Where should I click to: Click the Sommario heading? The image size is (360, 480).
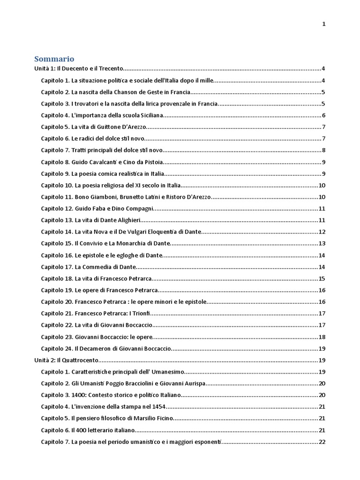(x=54, y=59)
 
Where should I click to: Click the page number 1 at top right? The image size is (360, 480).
(x=324, y=24)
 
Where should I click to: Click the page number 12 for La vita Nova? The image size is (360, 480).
(x=322, y=232)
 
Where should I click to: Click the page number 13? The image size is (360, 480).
(x=322, y=243)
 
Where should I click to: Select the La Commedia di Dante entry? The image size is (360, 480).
(x=89, y=267)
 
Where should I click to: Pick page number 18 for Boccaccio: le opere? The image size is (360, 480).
(x=322, y=337)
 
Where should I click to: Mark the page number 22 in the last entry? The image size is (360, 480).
(x=322, y=442)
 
